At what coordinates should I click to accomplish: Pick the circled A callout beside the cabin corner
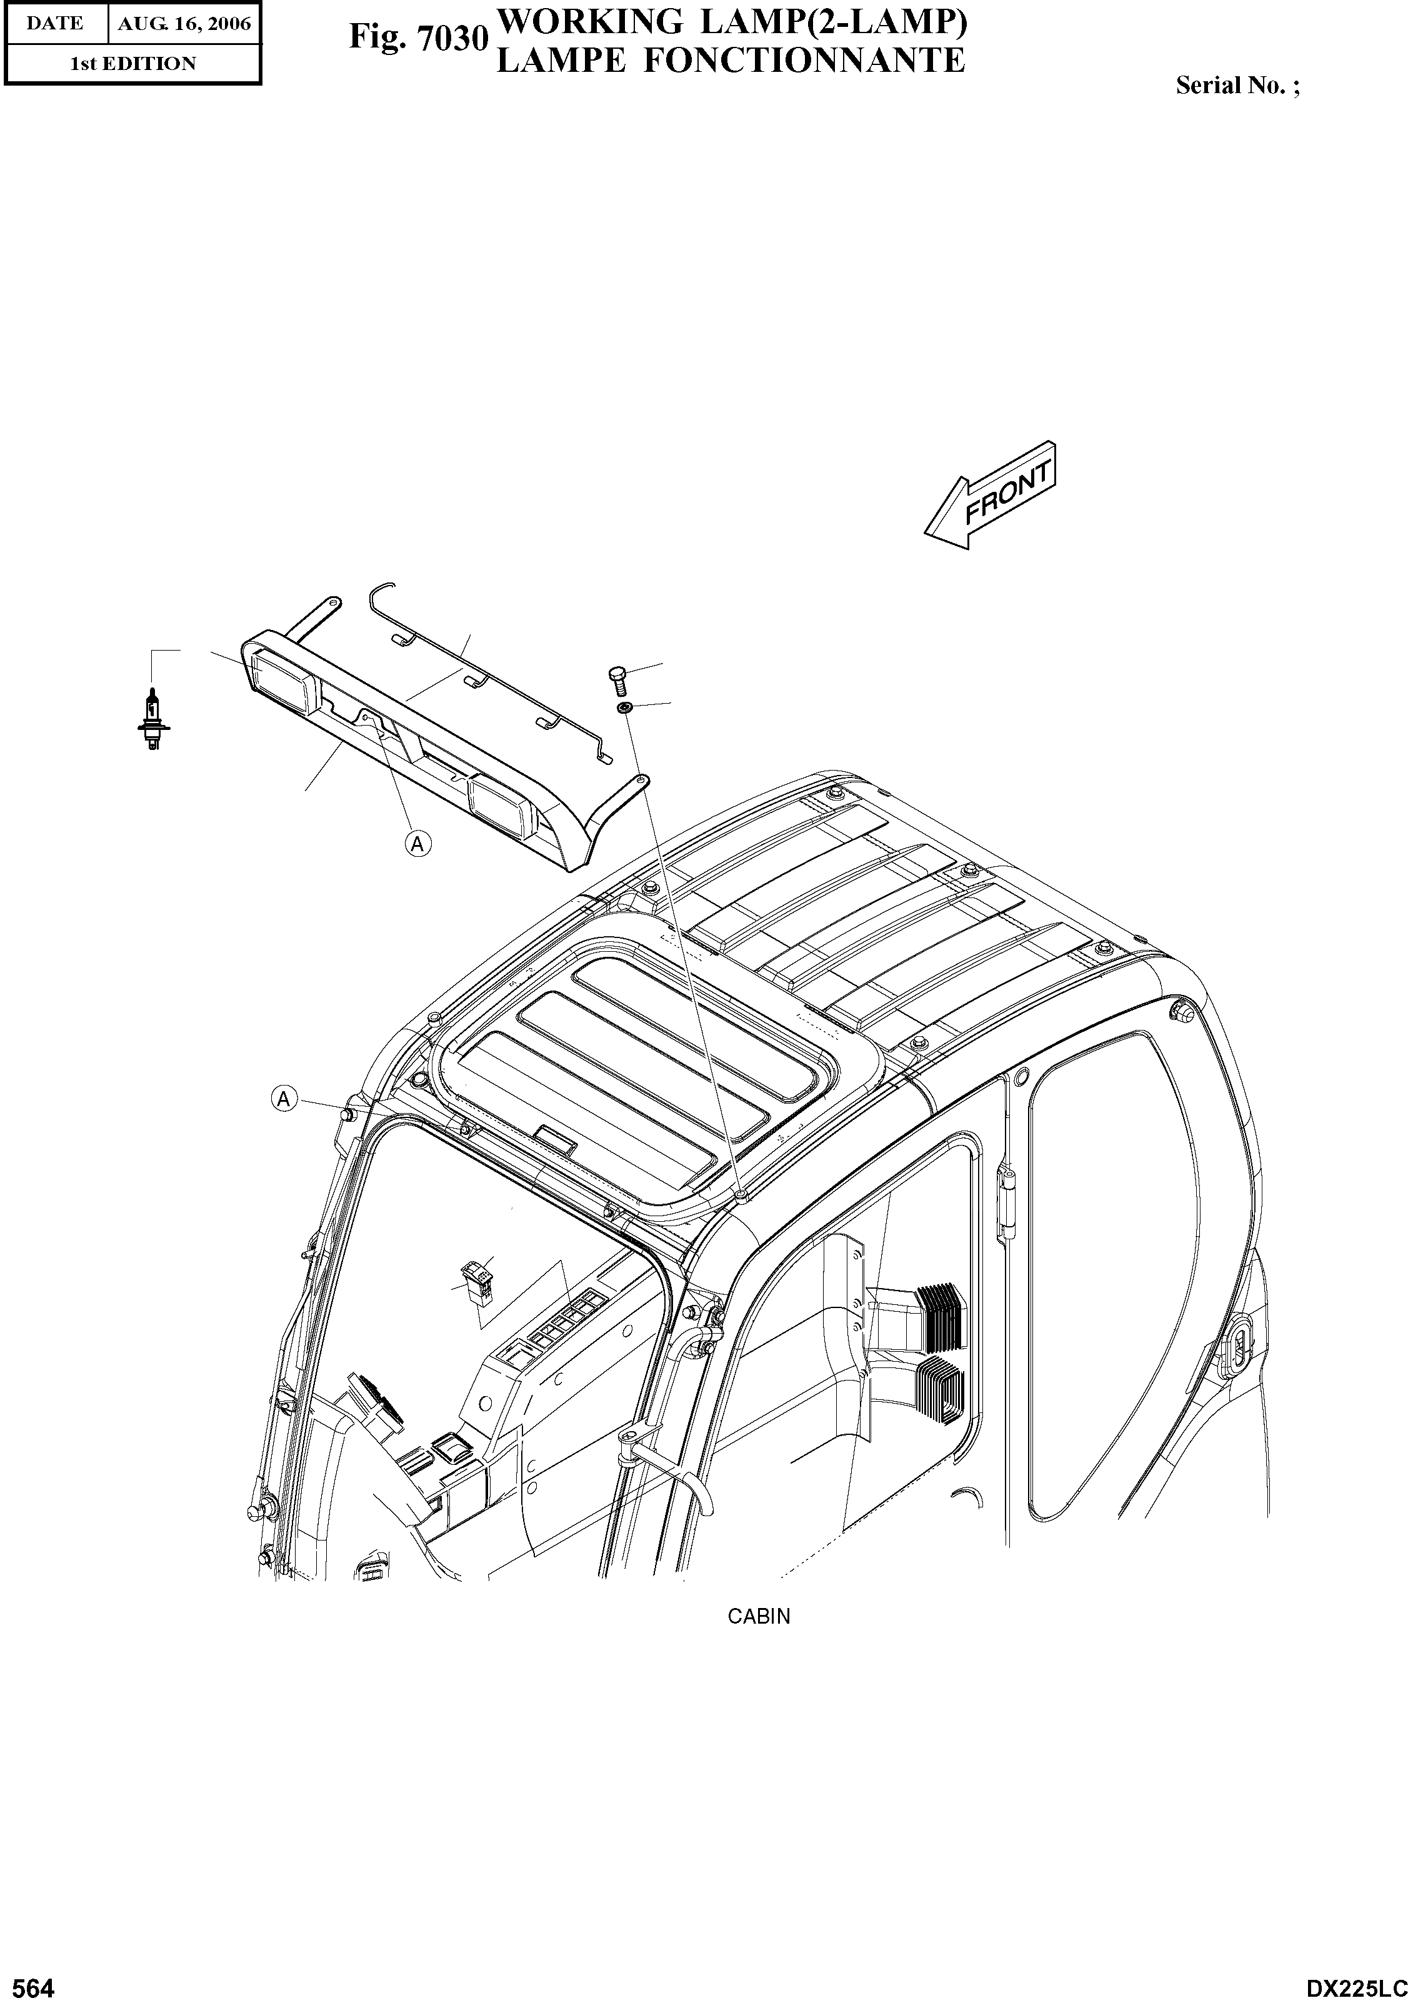pyautogui.click(x=284, y=1100)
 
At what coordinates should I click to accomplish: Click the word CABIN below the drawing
pyautogui.click(x=759, y=1616)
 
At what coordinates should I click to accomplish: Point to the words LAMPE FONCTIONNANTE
pyautogui.click(x=729, y=60)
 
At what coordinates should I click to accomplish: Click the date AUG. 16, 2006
pyautogui.click(x=184, y=24)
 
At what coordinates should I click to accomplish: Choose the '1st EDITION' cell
pyautogui.click(x=132, y=64)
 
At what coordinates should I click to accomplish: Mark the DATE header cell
pyautogui.click(x=54, y=24)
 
